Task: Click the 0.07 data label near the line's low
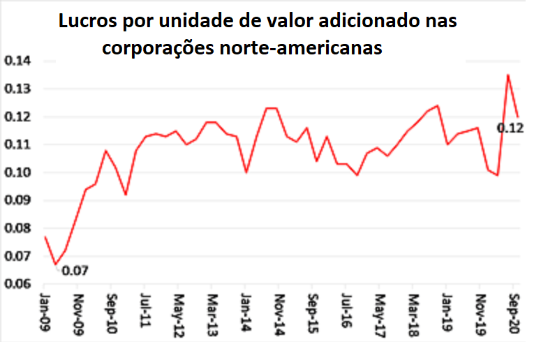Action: tap(75, 270)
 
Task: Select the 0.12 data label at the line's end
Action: tap(510, 128)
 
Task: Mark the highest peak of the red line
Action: tap(507, 75)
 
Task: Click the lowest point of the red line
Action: tap(55, 265)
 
